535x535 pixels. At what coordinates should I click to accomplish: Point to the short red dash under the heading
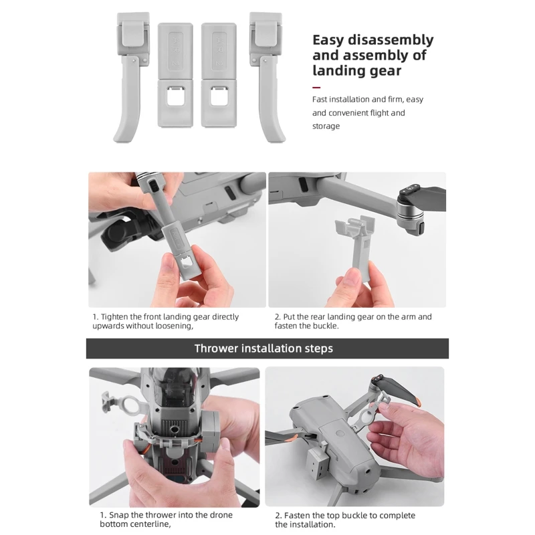pyautogui.click(x=316, y=88)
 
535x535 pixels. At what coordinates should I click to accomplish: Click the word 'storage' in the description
pyautogui.click(x=326, y=126)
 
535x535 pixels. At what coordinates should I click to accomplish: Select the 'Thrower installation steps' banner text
pyautogui.click(x=263, y=348)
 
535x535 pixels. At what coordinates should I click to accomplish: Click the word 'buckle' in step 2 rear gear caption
pyautogui.click(x=324, y=326)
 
